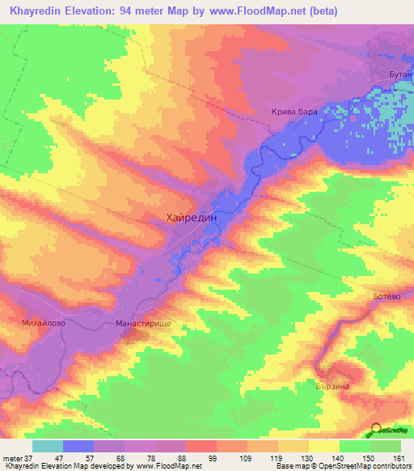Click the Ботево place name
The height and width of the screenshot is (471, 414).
(x=387, y=297)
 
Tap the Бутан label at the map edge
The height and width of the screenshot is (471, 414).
(x=401, y=74)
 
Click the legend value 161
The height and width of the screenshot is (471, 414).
(x=399, y=458)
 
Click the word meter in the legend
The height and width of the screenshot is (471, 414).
(x=12, y=458)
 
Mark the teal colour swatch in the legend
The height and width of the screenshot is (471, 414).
(x=48, y=446)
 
